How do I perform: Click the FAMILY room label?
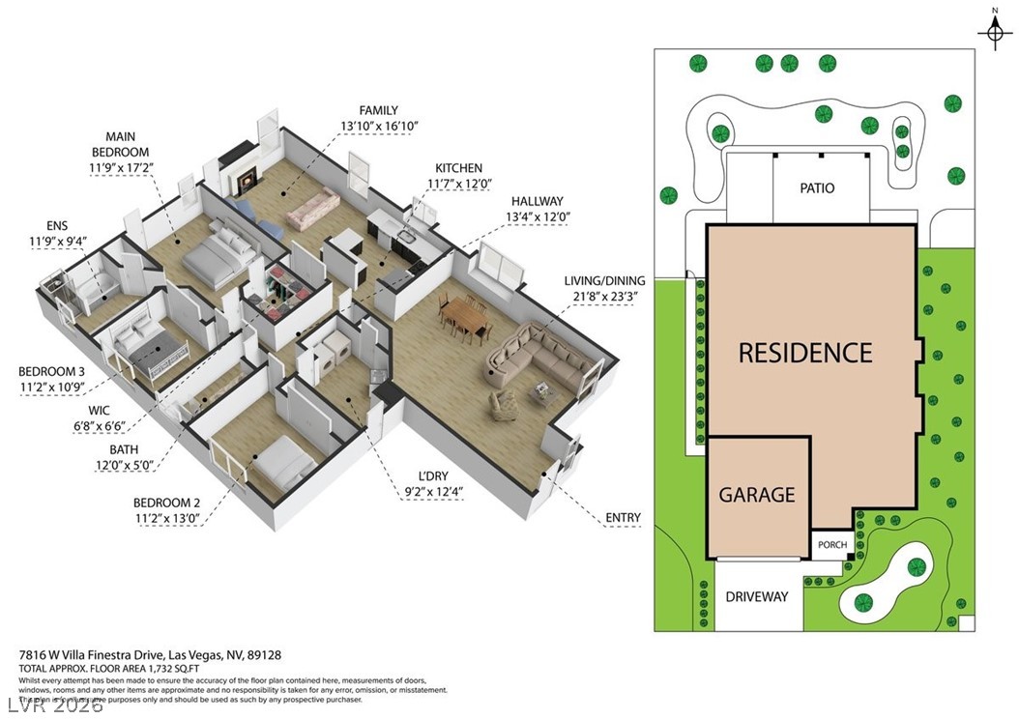point(378,110)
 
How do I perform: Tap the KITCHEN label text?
point(458,168)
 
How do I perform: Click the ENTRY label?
point(623,518)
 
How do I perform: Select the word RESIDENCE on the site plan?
point(805,353)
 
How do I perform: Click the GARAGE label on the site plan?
point(757,494)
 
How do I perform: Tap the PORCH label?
point(831,545)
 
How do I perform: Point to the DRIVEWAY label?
point(757,596)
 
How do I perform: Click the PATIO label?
point(816,188)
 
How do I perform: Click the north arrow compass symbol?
point(993,32)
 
